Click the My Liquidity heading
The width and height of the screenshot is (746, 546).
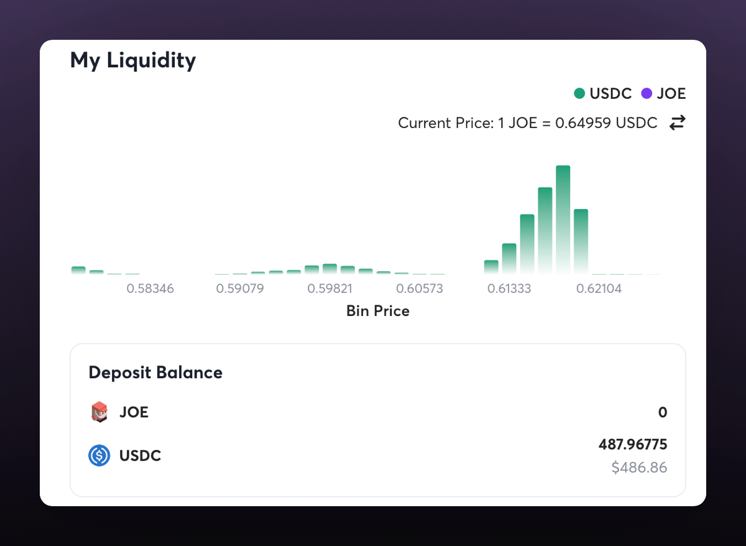(133, 60)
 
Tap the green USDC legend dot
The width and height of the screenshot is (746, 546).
(579, 94)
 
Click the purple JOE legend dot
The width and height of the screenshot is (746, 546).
(647, 94)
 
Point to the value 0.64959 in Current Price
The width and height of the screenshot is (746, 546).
(581, 123)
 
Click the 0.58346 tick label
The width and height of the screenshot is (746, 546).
(150, 289)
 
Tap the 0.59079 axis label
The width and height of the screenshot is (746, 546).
(240, 289)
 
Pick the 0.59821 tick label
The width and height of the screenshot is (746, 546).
(330, 289)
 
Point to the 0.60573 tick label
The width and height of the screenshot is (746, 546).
(420, 289)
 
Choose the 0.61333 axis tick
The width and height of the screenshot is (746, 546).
(509, 289)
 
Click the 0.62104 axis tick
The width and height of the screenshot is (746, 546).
(599, 289)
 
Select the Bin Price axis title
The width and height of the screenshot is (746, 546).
(378, 311)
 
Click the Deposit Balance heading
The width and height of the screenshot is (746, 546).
(155, 372)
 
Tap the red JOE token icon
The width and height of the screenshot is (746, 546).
(99, 412)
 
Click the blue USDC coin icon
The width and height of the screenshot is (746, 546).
(99, 456)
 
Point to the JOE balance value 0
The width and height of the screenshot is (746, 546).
(663, 412)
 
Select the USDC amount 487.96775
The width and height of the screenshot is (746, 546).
(633, 445)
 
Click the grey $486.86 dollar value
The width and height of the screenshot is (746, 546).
(639, 468)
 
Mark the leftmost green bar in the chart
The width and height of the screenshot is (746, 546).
(78, 271)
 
